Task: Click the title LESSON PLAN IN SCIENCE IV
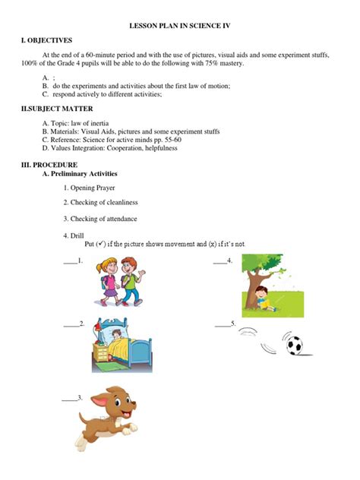pos(180,25)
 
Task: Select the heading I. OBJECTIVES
pos(48,40)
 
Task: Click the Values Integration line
pos(112,149)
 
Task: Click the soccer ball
pos(294,346)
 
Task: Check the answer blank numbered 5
pos(223,325)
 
